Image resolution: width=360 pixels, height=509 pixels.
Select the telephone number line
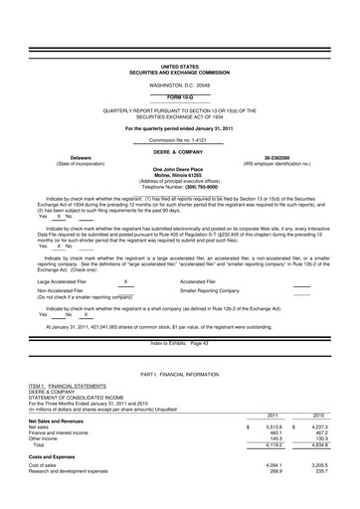[x=179, y=186]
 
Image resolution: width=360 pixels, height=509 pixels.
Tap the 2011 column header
[x=272, y=416]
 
